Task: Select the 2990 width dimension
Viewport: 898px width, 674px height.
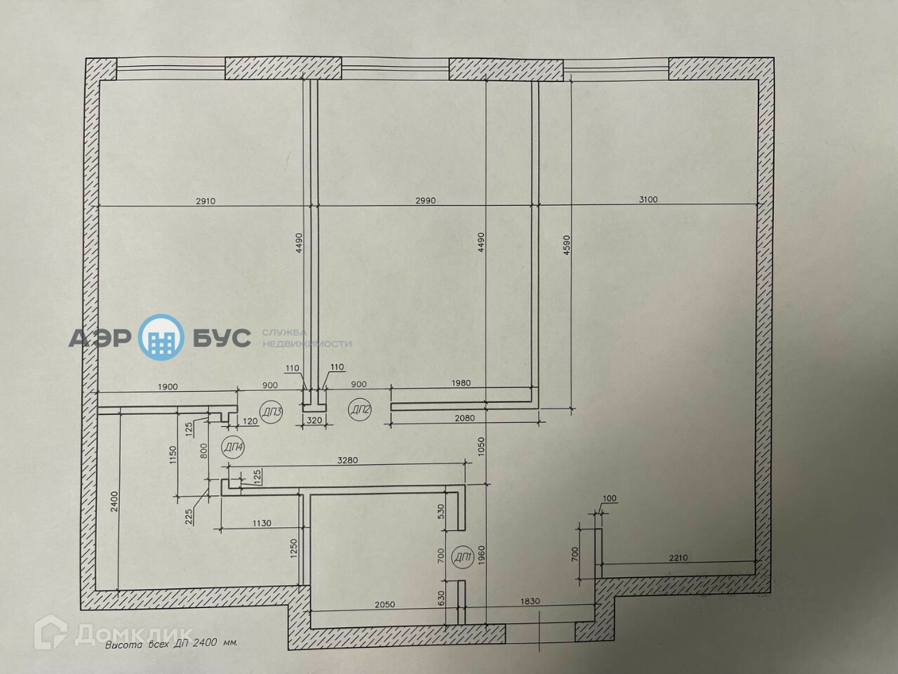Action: tap(425, 201)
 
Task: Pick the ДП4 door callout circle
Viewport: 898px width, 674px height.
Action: tap(232, 447)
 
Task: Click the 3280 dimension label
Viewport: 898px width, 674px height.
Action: tap(347, 461)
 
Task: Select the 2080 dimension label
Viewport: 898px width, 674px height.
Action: tap(464, 418)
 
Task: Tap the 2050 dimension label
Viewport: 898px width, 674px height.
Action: tap(385, 604)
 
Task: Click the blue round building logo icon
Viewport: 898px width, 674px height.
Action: tap(162, 338)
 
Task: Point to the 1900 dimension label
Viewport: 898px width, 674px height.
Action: tap(168, 385)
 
